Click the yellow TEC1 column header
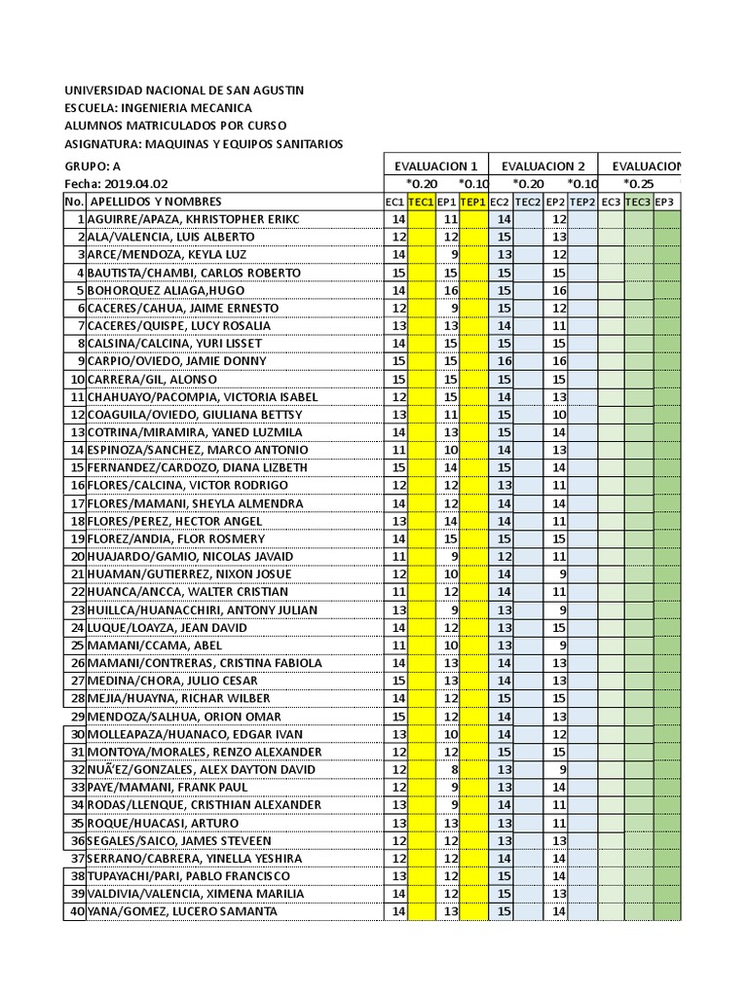[x=421, y=202]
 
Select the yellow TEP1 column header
[x=473, y=202]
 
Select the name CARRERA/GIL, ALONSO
[x=152, y=379]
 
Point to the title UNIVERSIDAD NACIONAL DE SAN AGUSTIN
[x=184, y=90]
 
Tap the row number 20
[x=76, y=556]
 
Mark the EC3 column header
[x=611, y=202]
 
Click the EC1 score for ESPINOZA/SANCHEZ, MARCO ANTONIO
[x=398, y=450]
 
